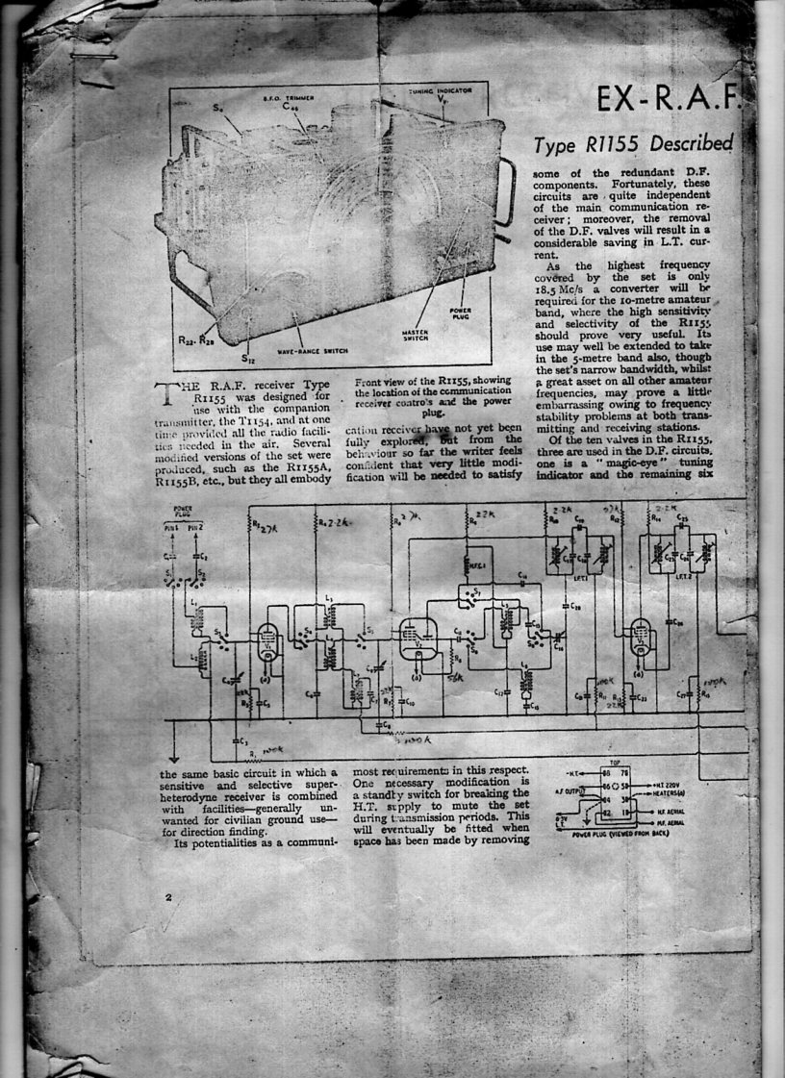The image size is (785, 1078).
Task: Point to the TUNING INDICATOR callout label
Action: pos(439,89)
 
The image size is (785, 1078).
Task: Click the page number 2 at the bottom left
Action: pos(169,897)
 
